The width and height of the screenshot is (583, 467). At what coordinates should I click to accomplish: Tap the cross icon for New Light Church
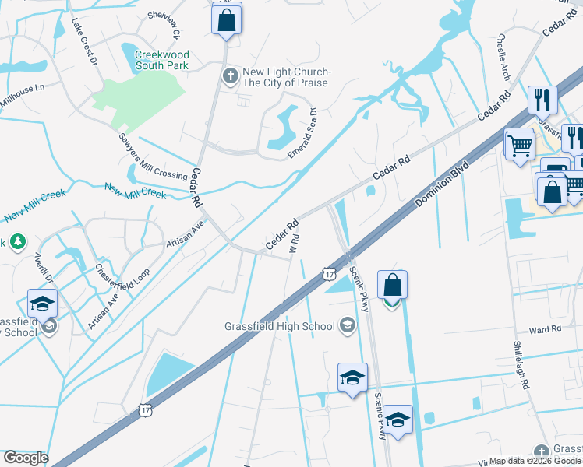tap(229, 76)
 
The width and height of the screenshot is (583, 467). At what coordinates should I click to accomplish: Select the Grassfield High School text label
tap(278, 326)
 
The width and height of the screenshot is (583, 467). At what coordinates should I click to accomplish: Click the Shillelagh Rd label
tap(522, 365)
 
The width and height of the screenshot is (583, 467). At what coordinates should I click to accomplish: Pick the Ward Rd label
tap(545, 329)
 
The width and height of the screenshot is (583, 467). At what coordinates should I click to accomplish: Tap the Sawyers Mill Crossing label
tap(153, 156)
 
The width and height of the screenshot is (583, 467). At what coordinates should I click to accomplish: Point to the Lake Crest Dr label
tap(84, 41)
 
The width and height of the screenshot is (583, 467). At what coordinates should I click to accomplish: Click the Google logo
tap(25, 458)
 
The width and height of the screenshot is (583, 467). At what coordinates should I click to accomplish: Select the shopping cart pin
tap(519, 144)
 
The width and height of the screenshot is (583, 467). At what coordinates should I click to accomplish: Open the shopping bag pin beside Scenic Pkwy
tap(392, 286)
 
